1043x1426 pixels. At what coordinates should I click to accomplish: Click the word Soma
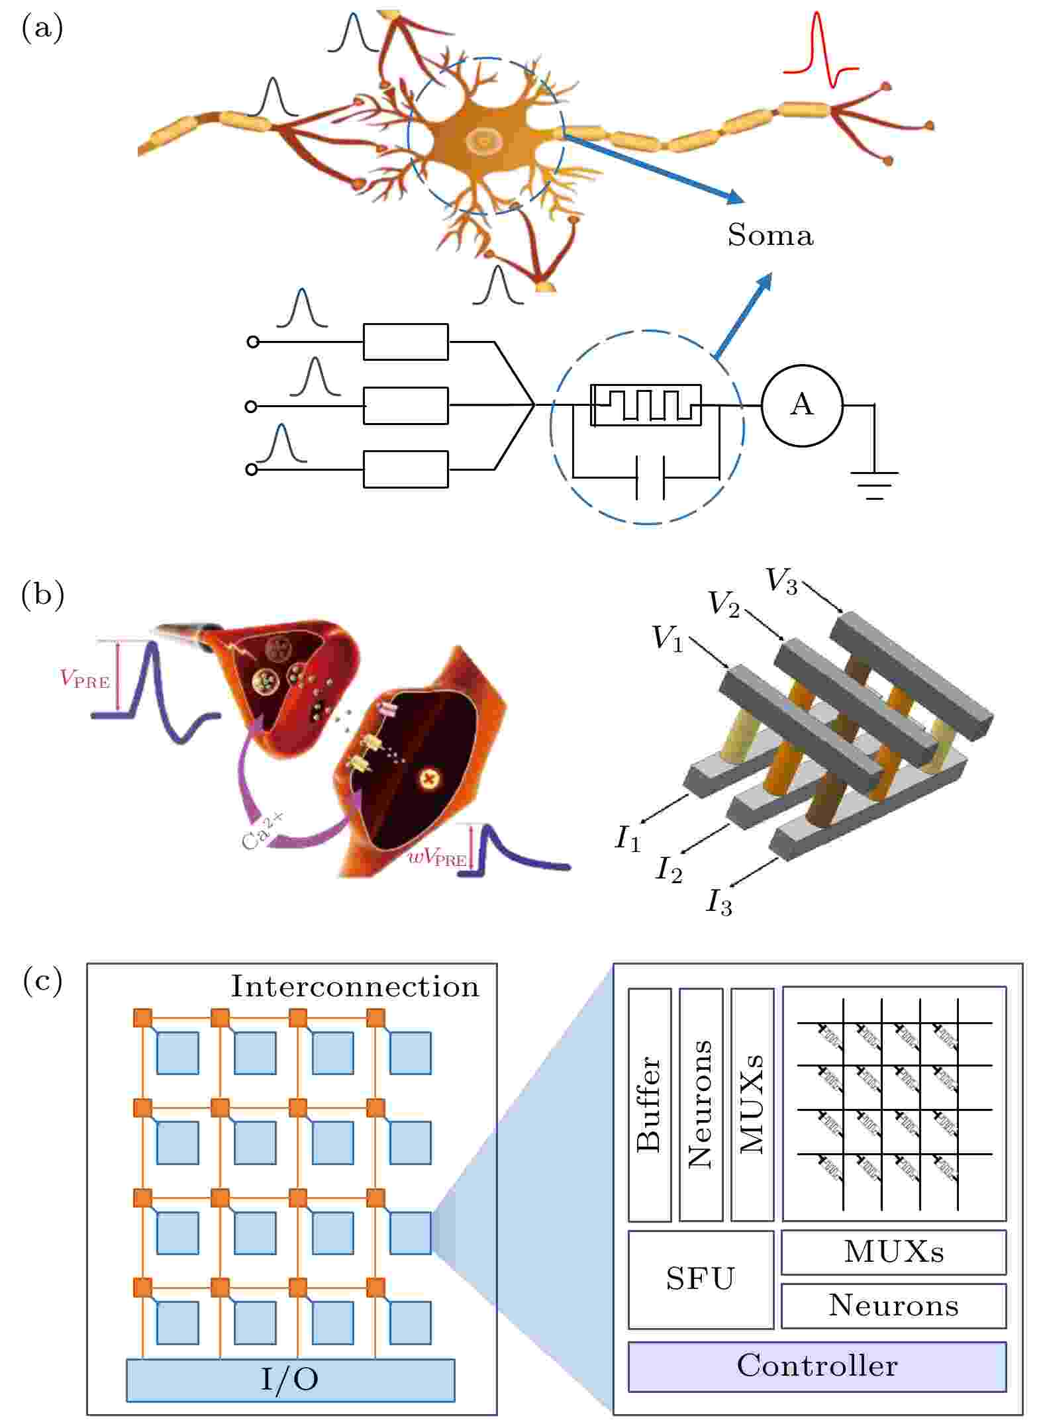pos(770,235)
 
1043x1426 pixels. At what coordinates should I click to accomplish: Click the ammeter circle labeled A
pos(801,405)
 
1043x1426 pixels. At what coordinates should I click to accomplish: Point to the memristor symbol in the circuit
pos(646,404)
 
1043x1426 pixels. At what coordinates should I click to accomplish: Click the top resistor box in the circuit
pos(405,342)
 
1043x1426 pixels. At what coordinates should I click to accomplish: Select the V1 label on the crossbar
pos(667,638)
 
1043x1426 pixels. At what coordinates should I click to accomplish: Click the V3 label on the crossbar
pos(781,581)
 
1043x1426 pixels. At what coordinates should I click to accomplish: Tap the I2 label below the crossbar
pos(669,869)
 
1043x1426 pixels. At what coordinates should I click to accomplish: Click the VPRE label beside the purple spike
pos(85,679)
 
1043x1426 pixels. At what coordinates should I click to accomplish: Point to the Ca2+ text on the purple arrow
pos(262,831)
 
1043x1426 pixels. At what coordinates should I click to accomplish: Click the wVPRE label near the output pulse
pos(437,859)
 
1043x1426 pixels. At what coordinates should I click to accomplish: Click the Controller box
pos(817,1366)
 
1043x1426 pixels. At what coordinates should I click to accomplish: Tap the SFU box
pos(700,1279)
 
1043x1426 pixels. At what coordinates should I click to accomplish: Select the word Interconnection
pos(354,987)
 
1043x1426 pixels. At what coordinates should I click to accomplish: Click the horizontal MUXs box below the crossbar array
pos(893,1252)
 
